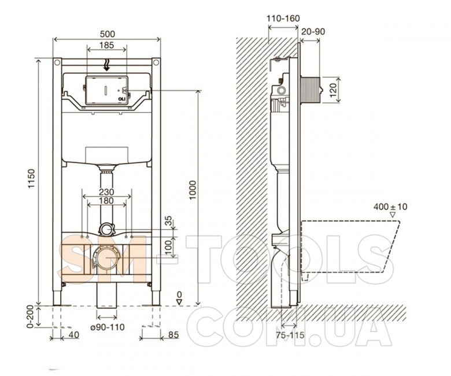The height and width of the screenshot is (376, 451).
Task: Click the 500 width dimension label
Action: click(108, 34)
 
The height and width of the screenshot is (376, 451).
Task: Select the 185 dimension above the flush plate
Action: click(107, 45)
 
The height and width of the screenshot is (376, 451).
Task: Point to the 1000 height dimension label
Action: click(192, 190)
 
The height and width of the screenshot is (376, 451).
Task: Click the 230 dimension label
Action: click(107, 191)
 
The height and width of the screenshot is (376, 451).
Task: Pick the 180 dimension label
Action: click(107, 201)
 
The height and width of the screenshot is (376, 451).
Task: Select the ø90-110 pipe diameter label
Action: click(108, 327)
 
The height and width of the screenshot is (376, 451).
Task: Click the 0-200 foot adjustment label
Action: click(31, 316)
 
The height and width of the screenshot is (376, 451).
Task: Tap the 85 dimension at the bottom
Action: click(173, 334)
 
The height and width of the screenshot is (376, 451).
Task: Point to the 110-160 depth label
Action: click(283, 19)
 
